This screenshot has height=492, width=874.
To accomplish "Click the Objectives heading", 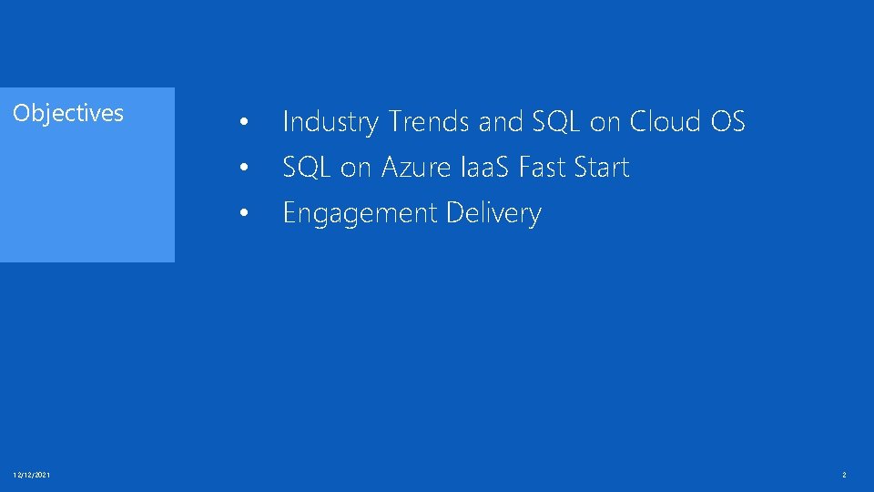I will click(68, 113).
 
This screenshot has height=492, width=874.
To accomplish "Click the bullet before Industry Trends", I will click(242, 122).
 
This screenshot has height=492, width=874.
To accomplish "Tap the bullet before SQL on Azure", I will click(242, 169).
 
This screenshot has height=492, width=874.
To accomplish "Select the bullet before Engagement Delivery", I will click(242, 214).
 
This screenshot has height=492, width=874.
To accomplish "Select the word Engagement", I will click(361, 214).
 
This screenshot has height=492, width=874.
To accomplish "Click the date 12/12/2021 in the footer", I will click(32, 475).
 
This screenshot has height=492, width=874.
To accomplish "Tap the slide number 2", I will click(844, 475).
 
